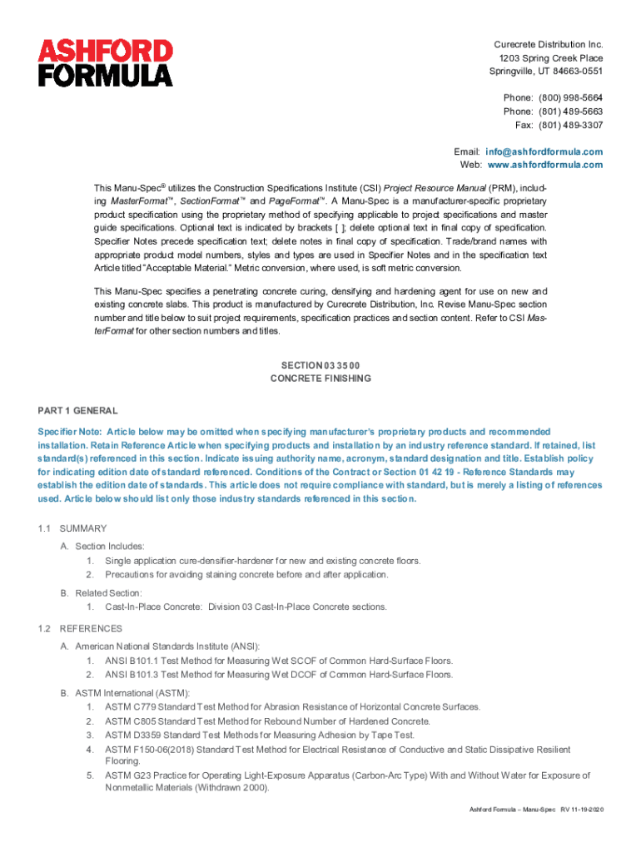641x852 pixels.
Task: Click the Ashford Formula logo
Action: (x=106, y=62)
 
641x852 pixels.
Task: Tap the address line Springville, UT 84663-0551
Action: (x=545, y=71)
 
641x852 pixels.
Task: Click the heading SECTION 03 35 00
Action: (x=320, y=364)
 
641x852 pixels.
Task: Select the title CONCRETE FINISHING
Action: (x=320, y=378)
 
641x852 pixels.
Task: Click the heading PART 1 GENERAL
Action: (x=77, y=411)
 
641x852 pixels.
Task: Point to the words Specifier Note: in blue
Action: (x=70, y=432)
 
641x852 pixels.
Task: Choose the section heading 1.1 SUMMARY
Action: (x=72, y=528)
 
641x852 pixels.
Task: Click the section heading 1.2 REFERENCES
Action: (x=79, y=628)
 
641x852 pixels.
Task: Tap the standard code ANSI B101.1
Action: (x=133, y=661)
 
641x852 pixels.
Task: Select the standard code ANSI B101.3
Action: (x=133, y=674)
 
